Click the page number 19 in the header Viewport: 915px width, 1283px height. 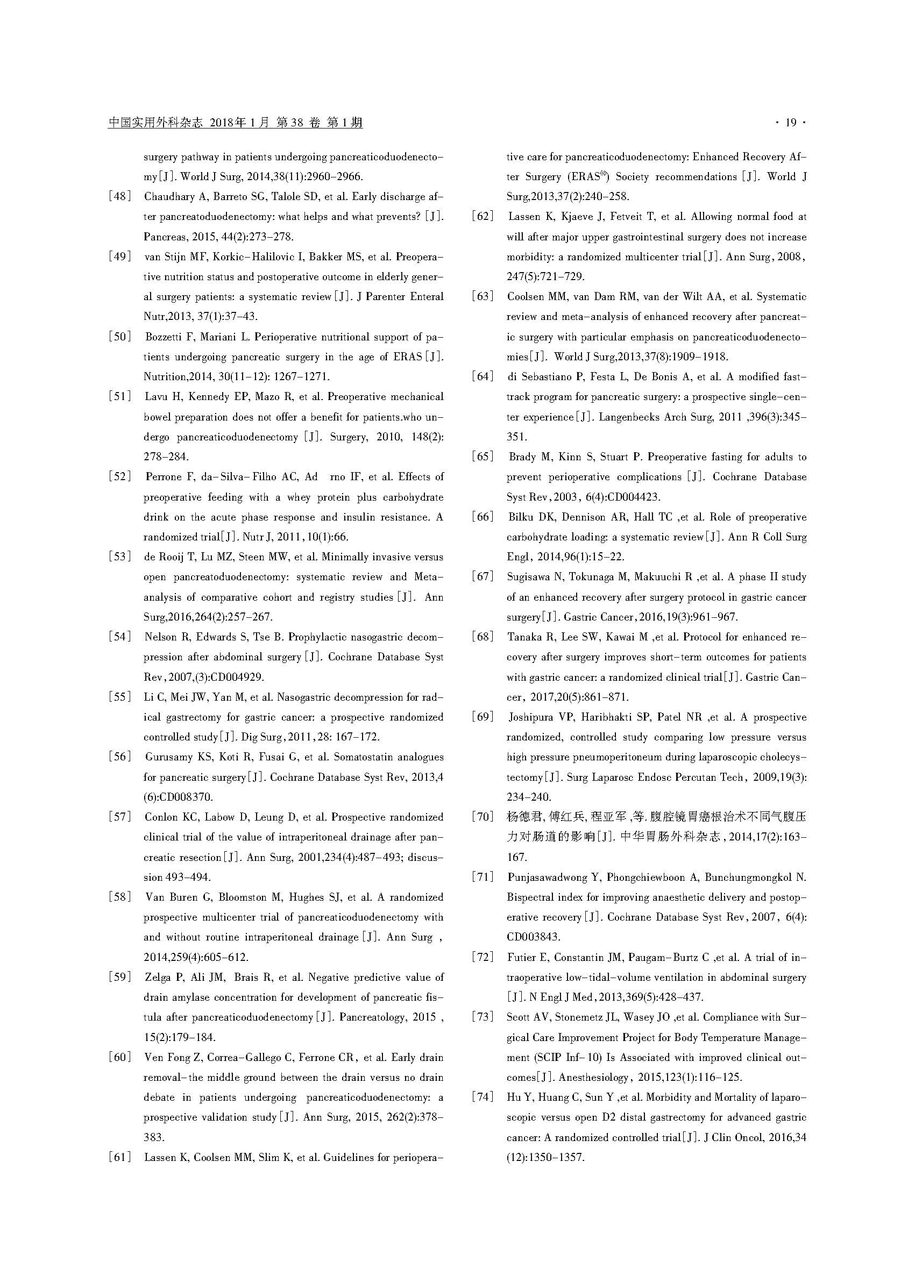click(x=791, y=123)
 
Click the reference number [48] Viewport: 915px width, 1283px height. click(x=119, y=197)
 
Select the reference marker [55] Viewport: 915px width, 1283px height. click(x=119, y=697)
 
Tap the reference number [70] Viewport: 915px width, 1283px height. click(x=483, y=817)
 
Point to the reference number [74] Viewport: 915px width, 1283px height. click(x=483, y=1096)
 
